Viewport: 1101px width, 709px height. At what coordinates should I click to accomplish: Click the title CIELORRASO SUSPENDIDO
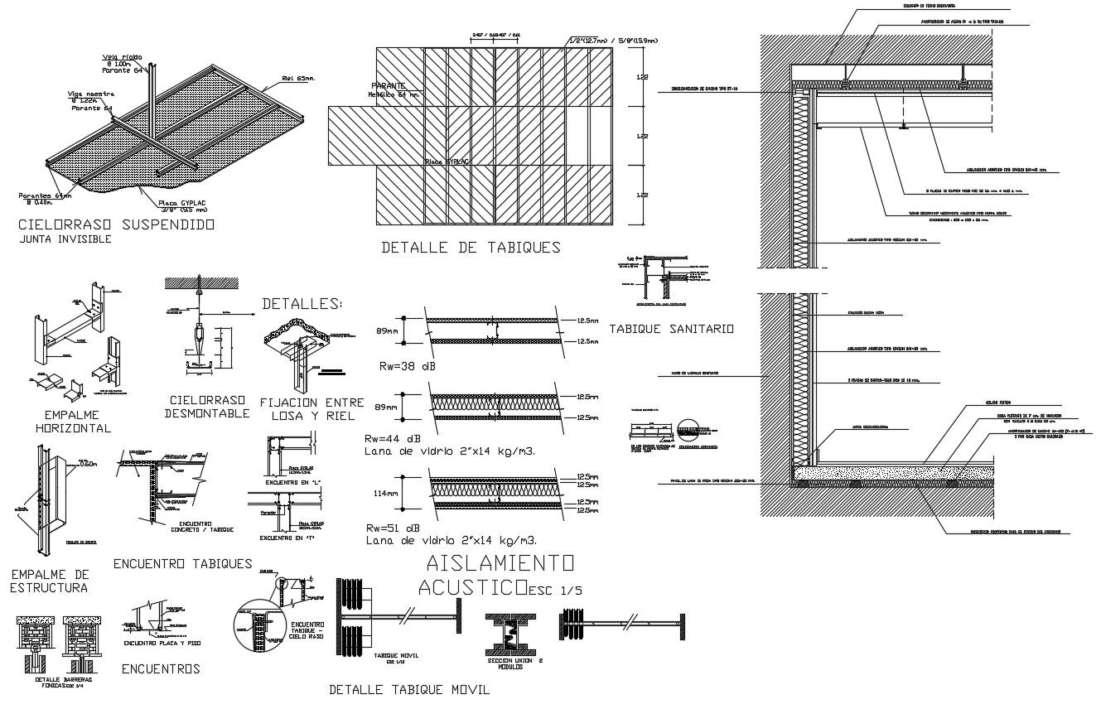116,224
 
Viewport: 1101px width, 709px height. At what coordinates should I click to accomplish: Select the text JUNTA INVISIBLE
64,239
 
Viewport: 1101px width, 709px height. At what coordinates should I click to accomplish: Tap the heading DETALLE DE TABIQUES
470,247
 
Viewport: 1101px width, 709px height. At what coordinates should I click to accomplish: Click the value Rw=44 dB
392,438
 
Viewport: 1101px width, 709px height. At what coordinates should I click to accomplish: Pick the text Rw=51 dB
392,528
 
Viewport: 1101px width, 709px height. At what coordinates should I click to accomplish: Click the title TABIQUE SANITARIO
671,329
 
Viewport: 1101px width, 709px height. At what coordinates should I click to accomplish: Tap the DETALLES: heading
302,304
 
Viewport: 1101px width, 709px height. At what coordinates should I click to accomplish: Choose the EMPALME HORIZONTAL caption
73,422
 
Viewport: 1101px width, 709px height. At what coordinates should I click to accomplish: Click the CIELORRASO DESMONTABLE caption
206,407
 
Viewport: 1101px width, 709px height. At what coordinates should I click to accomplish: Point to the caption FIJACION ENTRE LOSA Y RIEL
311,408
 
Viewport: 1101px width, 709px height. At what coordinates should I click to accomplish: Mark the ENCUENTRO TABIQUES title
182,564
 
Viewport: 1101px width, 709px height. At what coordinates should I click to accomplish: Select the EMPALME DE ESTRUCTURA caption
49,581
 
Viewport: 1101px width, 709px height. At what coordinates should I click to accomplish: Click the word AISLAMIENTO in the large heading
499,564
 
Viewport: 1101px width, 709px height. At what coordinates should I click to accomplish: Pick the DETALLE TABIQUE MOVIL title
414,689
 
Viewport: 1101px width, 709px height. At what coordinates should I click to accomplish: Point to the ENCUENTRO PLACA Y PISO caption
162,643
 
